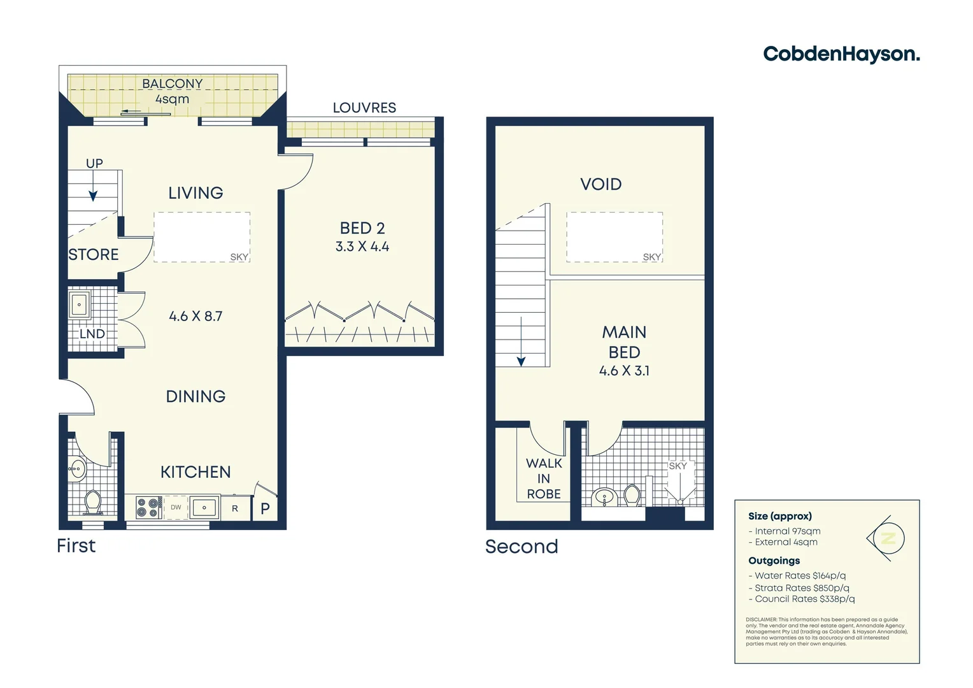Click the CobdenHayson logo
coord(841,54)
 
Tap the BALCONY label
coord(172,84)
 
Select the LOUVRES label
coord(364,108)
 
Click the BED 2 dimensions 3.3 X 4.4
coord(362,247)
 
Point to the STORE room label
coord(94,255)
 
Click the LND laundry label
coord(92,334)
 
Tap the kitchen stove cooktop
coord(148,508)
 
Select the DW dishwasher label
coord(176,508)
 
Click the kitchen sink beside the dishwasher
coord(204,508)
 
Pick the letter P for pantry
coord(266,508)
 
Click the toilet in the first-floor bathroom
coord(93,501)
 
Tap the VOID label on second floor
coord(600,185)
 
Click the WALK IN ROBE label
coord(544,478)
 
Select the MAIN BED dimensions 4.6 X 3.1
coord(624,371)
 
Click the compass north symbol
coord(888,539)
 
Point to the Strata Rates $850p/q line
coord(802,588)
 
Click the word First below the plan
coord(76,546)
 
